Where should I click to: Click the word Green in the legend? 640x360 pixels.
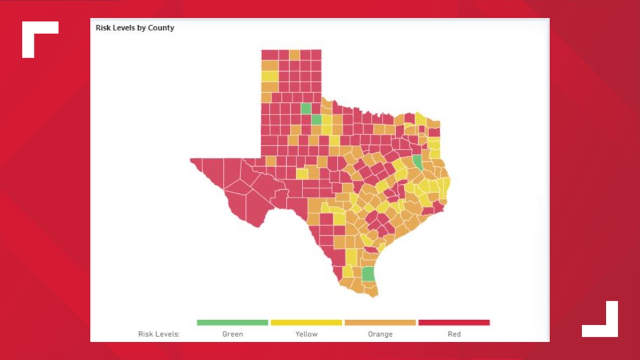tap(232, 334)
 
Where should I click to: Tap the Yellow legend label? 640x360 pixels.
tap(307, 334)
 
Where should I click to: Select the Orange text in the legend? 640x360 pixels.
tap(380, 334)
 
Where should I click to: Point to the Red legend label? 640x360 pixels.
tap(454, 334)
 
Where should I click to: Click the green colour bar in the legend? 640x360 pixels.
tap(232, 323)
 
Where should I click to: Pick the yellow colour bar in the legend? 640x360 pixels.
tap(307, 323)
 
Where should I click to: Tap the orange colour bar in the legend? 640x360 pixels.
tap(380, 323)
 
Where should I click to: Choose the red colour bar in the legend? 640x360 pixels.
tap(454, 323)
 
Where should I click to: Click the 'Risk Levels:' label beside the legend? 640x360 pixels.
tap(159, 334)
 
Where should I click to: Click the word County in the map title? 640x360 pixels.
tap(161, 28)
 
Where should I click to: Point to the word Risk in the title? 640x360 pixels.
tap(103, 28)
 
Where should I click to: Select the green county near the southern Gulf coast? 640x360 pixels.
tap(368, 274)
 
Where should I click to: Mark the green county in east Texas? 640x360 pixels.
tap(418, 163)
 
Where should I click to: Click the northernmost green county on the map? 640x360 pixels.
tap(306, 108)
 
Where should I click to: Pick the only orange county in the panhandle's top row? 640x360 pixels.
tap(295, 54)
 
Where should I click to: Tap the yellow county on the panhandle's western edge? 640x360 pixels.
tap(269, 76)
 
